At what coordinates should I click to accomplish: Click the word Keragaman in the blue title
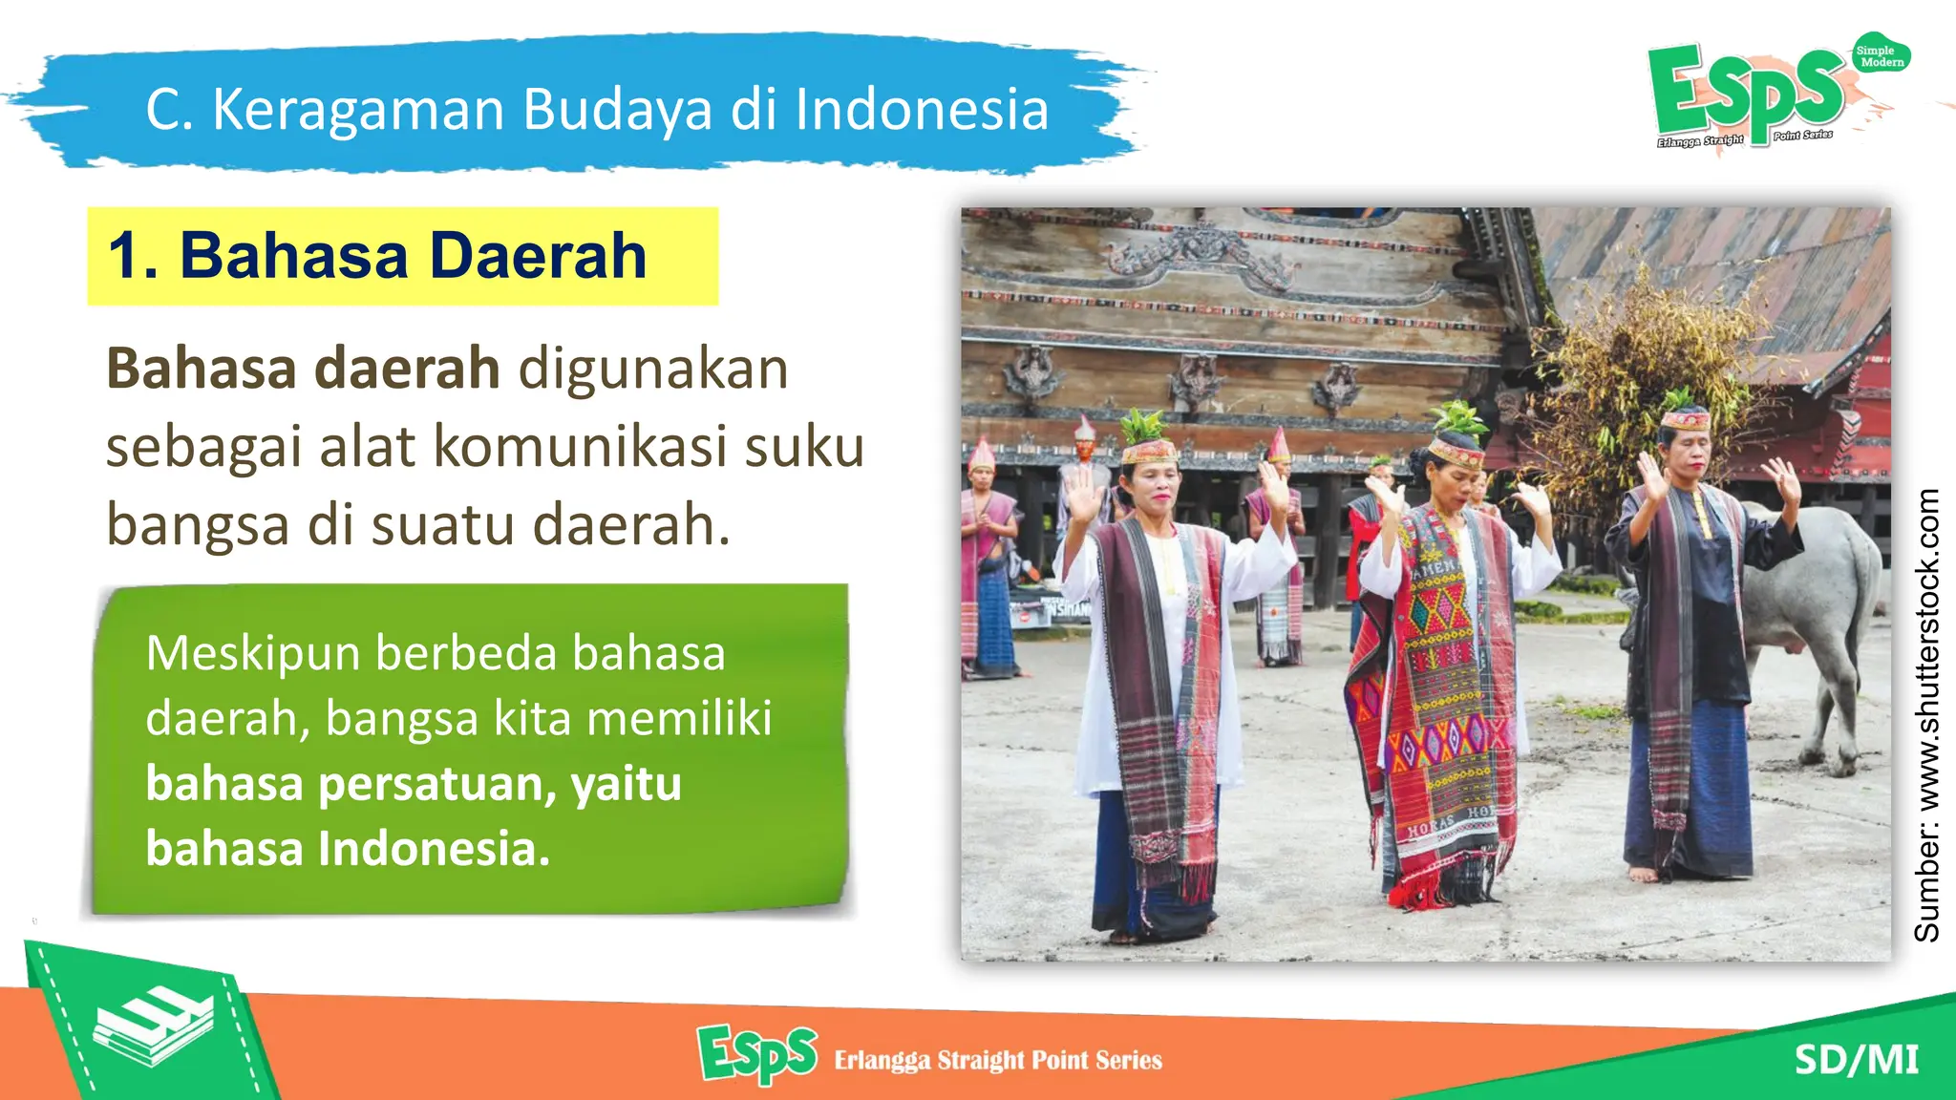coord(357,110)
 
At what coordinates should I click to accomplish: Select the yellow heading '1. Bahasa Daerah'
coord(377,256)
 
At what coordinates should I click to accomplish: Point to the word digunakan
coord(653,370)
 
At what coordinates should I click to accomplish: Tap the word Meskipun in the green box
coord(253,655)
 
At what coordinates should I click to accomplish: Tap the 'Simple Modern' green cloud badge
coord(1880,56)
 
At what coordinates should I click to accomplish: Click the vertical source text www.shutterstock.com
coord(1927,714)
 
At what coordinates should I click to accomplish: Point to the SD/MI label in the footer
coord(1856,1060)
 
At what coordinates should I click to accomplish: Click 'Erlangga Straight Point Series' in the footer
coord(998,1060)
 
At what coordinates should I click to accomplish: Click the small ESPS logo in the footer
coord(757,1054)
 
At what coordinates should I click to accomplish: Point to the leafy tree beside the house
coord(1643,382)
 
